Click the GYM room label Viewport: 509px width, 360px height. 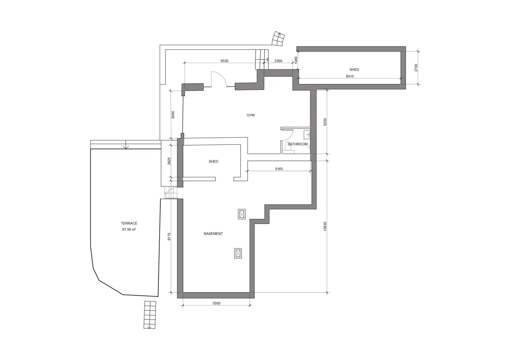[x=251, y=115]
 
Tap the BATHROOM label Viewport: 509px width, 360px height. [x=298, y=144]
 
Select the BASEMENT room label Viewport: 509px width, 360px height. [x=213, y=234]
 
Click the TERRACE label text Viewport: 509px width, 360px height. [x=129, y=223]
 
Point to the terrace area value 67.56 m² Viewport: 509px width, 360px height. [x=129, y=229]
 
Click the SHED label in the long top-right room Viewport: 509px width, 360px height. [x=354, y=69]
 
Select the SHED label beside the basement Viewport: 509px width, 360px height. [x=213, y=162]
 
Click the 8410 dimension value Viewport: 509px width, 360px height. [x=350, y=76]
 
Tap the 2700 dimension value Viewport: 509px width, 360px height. [x=416, y=68]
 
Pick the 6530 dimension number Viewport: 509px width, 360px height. [x=224, y=61]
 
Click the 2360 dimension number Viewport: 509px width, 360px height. [x=278, y=61]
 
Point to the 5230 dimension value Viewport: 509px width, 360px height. [x=325, y=122]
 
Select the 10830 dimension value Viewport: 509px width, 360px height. [x=325, y=226]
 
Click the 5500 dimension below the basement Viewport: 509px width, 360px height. [x=216, y=303]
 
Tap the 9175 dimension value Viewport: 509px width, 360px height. [x=169, y=237]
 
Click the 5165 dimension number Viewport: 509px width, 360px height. [x=279, y=169]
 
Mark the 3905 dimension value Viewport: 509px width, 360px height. [x=173, y=115]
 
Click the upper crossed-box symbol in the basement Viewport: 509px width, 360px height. [x=242, y=214]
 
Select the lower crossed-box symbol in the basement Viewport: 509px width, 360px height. [x=238, y=253]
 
